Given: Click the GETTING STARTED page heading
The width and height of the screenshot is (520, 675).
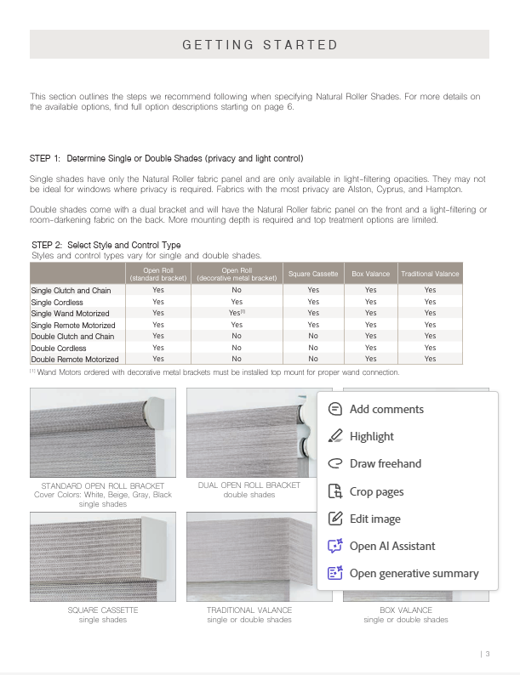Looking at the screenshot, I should [x=260, y=45].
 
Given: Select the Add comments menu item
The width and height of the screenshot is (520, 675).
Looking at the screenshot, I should [x=386, y=409].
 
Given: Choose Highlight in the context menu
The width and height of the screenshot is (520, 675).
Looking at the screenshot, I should [x=371, y=436].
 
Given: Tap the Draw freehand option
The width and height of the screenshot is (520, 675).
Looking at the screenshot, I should [x=385, y=463].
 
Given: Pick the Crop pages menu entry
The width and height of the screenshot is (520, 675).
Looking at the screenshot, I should [x=376, y=491].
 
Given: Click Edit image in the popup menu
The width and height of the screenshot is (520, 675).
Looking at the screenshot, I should [x=374, y=519].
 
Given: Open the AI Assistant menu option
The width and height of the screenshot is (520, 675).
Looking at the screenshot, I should [x=391, y=546].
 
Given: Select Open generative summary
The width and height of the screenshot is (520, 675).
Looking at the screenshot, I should [x=414, y=573].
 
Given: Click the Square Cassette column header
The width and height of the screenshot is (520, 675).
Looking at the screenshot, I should [x=313, y=274].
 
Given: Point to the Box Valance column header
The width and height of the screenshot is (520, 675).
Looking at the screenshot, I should [x=370, y=274].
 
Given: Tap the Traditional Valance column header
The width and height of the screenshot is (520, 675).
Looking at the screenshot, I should [x=430, y=274].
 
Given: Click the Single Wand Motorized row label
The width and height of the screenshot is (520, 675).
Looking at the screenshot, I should [x=71, y=314].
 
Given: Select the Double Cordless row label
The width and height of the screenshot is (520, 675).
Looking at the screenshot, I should [x=57, y=348].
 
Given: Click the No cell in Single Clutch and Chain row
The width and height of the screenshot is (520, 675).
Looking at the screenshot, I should [x=237, y=290].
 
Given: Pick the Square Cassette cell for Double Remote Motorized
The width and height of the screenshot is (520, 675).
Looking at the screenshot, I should [x=313, y=360].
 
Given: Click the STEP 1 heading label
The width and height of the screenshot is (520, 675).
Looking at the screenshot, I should [x=166, y=159].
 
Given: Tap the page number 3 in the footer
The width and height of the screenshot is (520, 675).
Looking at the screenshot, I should [x=488, y=654].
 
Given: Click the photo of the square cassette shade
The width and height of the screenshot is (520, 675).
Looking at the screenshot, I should [x=103, y=557].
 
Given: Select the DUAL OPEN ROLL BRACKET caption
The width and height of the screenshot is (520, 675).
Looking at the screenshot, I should [x=249, y=485].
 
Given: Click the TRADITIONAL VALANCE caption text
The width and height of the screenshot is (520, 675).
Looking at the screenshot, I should [x=249, y=610].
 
